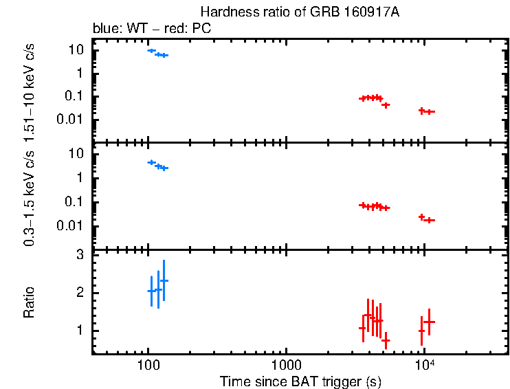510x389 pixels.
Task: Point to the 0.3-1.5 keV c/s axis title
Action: pyautogui.click(x=31, y=194)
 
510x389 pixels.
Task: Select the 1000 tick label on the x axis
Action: pyautogui.click(x=286, y=365)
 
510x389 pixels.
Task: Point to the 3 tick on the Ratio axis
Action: pyautogui.click(x=80, y=255)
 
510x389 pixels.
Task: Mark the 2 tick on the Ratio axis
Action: pyautogui.click(x=80, y=293)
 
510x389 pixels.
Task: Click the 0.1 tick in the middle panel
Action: pyautogui.click(x=76, y=202)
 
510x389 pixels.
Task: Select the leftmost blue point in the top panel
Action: pyautogui.click(x=151, y=50)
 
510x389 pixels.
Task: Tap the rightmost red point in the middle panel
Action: pyautogui.click(x=430, y=220)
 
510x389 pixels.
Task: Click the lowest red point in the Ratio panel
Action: pyautogui.click(x=386, y=340)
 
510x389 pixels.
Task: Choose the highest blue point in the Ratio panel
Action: pyautogui.click(x=164, y=280)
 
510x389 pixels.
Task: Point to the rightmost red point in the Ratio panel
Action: pyautogui.click(x=429, y=322)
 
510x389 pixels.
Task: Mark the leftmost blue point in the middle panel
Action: pyautogui.click(x=151, y=162)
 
